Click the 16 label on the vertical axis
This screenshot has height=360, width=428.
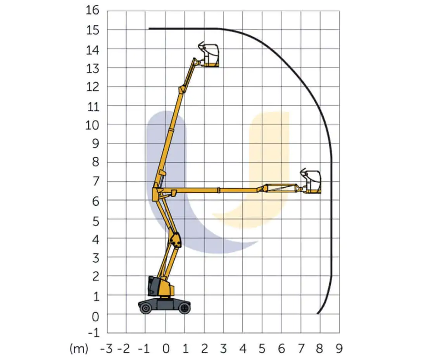click(x=93, y=10)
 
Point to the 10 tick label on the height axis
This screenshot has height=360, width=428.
click(x=92, y=125)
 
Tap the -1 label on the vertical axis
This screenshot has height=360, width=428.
click(x=93, y=333)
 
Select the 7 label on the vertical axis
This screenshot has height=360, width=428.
click(x=95, y=182)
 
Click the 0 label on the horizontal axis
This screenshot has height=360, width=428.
click(x=166, y=349)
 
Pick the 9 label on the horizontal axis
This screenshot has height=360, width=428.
click(x=339, y=349)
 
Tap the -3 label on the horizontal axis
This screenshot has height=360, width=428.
click(x=106, y=349)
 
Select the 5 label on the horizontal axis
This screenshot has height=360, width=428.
click(x=262, y=349)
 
